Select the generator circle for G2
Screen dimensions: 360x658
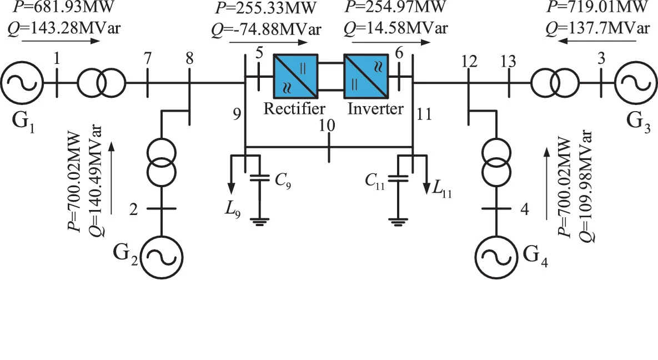coord(161,257)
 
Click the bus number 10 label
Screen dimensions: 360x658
coord(328,126)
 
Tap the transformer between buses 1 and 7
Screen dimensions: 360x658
coord(101,83)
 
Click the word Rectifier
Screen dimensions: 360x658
coord(294,108)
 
